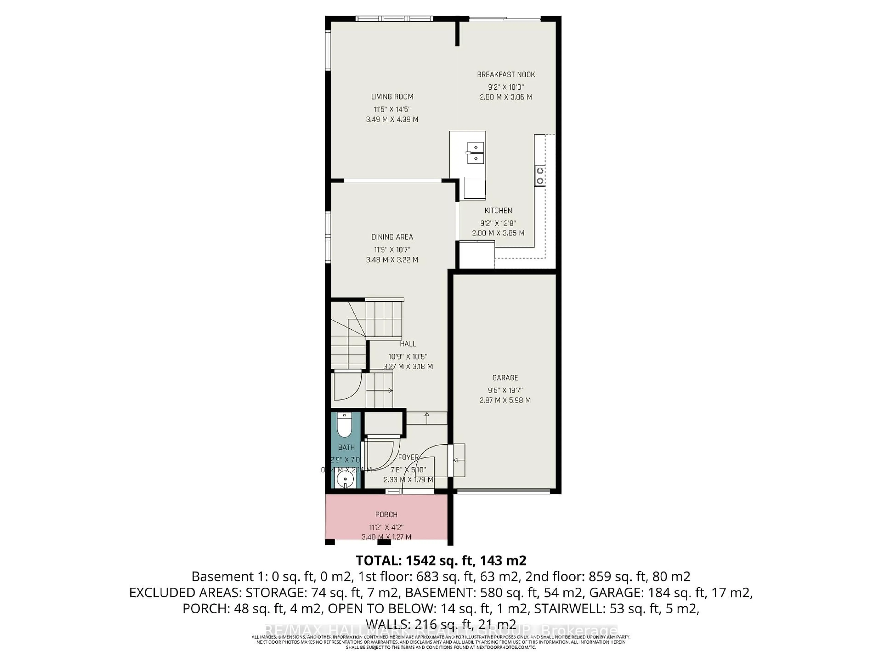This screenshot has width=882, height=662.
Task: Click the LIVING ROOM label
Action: [392, 97]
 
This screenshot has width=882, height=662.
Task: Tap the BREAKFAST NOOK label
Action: [506, 75]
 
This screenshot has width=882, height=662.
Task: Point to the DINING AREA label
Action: [392, 237]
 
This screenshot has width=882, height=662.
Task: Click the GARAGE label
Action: [505, 377]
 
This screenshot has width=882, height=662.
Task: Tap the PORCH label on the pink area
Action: [386, 515]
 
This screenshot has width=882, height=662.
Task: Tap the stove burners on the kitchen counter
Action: [540, 176]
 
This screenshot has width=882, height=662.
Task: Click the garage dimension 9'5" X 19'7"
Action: [505, 390]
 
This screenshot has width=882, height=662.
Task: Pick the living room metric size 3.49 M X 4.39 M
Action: [392, 119]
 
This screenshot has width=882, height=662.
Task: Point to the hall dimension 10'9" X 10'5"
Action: [407, 357]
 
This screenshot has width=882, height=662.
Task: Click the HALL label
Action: [407, 344]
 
